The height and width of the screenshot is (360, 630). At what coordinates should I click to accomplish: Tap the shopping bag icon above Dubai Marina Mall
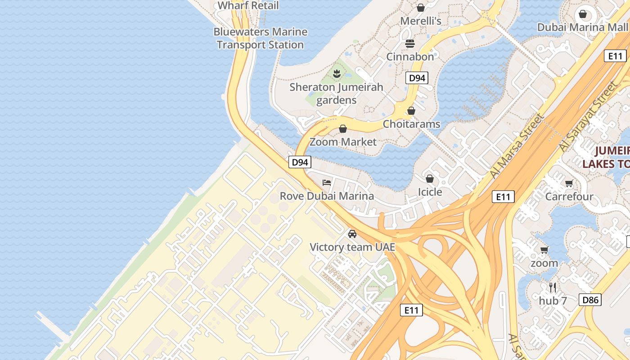coord(583,14)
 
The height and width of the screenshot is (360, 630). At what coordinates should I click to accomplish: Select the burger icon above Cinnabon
coord(410,43)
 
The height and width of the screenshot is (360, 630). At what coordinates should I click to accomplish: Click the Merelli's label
coord(421,21)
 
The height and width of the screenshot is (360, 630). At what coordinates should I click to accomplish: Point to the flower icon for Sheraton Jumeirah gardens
coord(336,73)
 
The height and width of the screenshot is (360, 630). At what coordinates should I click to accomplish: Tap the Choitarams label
coord(411,124)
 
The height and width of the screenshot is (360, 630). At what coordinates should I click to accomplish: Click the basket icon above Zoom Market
coord(343,129)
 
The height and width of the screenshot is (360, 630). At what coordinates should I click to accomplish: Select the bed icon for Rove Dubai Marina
coord(327,182)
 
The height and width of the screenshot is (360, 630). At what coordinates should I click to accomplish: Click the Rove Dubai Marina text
coord(327,196)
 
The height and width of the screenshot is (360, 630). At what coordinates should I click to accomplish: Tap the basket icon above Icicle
coord(430,179)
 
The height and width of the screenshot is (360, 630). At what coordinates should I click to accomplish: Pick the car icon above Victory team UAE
coord(352,234)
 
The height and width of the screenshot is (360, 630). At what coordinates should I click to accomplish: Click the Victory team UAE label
coord(352,247)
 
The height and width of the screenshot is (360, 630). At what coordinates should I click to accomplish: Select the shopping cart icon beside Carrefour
coord(569,183)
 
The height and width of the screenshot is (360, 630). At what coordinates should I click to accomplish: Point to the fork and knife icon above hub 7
coord(553,287)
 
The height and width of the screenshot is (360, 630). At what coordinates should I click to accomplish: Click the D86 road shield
coord(590,300)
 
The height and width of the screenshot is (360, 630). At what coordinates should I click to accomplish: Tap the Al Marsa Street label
coord(517,146)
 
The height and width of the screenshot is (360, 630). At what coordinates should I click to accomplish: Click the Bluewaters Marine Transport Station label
coord(261,38)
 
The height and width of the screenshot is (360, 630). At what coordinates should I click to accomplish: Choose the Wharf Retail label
coord(248,5)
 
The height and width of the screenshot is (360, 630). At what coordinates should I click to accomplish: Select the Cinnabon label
coord(410,57)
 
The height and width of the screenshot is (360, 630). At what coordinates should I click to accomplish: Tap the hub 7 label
coord(553,301)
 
